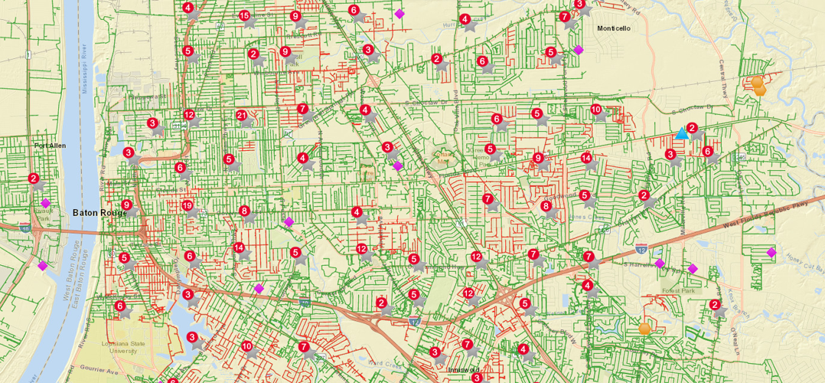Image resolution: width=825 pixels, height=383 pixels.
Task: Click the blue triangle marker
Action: click(681, 133)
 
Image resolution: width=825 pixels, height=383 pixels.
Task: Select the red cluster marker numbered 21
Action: click(243, 116)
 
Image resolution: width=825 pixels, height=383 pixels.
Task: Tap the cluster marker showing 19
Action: click(187, 205)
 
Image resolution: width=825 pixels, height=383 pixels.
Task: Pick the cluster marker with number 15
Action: click(244, 15)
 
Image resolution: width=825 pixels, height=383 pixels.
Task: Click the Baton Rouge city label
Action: click(99, 213)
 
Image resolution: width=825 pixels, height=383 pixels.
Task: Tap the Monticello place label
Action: click(614, 28)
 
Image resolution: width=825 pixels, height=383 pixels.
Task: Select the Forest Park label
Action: click(680, 290)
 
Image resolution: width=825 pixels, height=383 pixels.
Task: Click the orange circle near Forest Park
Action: click(644, 329)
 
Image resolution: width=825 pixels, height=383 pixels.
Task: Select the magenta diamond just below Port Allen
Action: click(45, 203)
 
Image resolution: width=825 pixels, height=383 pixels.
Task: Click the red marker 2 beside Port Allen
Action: click(34, 178)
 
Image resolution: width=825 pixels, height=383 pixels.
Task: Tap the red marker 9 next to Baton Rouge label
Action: click(126, 205)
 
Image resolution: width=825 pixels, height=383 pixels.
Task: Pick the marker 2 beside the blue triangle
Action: click(692, 128)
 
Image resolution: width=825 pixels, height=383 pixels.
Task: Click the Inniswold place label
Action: click(463, 369)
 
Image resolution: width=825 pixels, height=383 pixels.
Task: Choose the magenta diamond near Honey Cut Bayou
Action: click(771, 253)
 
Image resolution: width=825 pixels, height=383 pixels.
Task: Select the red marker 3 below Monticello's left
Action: click(580, 4)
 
